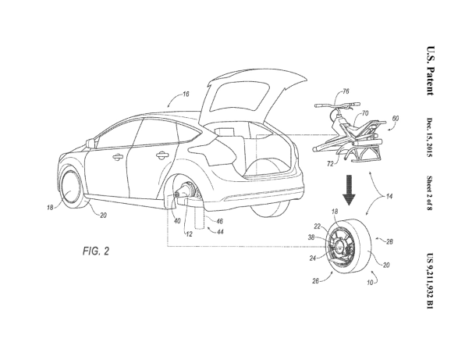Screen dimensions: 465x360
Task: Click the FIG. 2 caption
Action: pos(96,251)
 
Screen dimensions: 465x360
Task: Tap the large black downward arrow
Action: pos(349,190)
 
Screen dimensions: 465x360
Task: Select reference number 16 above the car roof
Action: pos(186,94)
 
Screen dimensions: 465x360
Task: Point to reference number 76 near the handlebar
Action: pos(346,91)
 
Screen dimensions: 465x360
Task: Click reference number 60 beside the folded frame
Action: pos(396,119)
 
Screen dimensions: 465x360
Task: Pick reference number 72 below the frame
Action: pos(330,163)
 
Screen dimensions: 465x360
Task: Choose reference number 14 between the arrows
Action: pos(389,196)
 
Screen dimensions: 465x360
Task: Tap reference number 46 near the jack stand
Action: pos(219,221)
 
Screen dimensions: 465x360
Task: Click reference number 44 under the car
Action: pos(220,231)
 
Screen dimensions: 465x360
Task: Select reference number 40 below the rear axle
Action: pos(177,221)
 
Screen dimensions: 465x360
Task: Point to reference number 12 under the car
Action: pos(190,234)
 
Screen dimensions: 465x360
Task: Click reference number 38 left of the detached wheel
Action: pos(311,237)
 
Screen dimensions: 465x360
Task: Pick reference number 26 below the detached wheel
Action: pos(315,280)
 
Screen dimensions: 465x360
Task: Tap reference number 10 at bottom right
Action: pos(370,283)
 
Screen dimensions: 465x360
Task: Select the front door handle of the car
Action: pos(118,156)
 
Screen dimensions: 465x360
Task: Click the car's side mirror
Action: pos(91,143)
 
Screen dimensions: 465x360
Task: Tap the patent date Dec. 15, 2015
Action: pos(430,137)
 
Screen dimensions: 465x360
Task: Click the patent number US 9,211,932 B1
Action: pos(430,281)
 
